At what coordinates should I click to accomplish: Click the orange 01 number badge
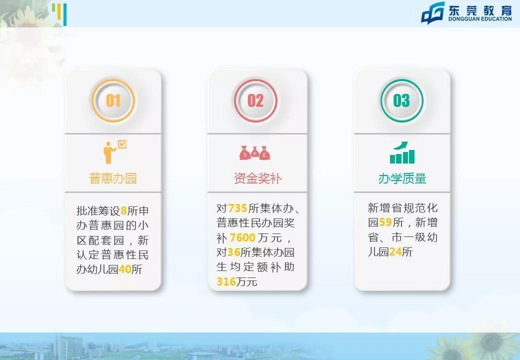(x=113, y=100)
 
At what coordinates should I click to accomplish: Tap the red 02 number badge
(x=255, y=100)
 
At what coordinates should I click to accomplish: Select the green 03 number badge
(x=401, y=100)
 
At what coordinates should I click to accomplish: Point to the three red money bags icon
(x=255, y=152)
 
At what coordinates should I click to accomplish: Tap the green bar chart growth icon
(x=402, y=152)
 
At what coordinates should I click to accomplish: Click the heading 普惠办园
(x=113, y=178)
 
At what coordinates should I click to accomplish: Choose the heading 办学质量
(x=402, y=178)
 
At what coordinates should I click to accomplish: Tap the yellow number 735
(x=237, y=208)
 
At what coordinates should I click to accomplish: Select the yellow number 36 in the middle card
(x=234, y=252)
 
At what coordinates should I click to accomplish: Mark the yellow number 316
(x=226, y=282)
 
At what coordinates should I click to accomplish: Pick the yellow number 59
(x=385, y=222)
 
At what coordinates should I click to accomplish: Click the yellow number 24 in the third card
(x=395, y=252)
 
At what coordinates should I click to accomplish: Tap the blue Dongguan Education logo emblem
(x=432, y=13)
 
